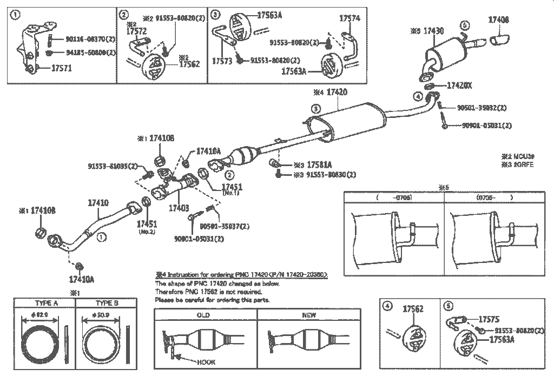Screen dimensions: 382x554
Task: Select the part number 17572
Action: (136, 32)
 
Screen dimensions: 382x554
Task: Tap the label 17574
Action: (349, 18)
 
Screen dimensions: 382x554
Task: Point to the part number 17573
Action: (222, 61)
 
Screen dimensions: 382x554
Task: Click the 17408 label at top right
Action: (498, 20)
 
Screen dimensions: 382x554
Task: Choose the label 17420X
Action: (460, 85)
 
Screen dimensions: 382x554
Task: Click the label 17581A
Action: (319, 164)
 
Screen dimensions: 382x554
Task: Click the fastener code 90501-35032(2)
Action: (480, 107)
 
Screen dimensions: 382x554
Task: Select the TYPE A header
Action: (47, 303)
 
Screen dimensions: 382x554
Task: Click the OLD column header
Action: (203, 314)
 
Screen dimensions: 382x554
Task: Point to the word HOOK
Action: (206, 362)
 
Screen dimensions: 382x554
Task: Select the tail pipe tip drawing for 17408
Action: (499, 39)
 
